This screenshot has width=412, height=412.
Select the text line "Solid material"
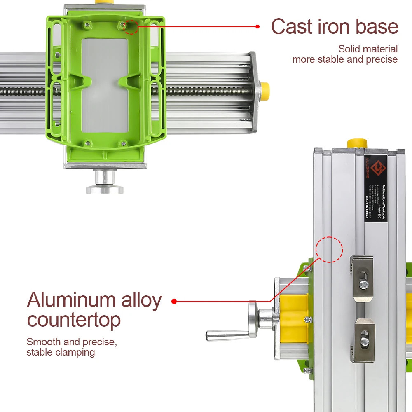[x=368, y=49]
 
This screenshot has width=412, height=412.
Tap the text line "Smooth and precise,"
[x=72, y=342]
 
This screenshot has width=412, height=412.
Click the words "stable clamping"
[x=61, y=352]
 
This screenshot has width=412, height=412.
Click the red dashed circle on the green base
[x=131, y=27]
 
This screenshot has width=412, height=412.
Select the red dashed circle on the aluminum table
[x=329, y=249]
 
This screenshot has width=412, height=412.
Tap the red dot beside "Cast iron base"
[x=257, y=26]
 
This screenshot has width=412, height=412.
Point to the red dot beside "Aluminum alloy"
[x=174, y=301]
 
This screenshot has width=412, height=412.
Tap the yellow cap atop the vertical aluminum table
[x=357, y=143]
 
